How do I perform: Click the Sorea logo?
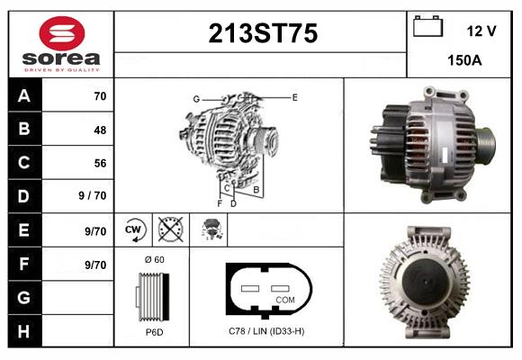[x=61, y=44]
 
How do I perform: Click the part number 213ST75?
[x=262, y=34]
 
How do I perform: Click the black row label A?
[x=24, y=95]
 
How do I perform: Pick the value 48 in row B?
[x=100, y=130]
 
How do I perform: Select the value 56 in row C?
[x=100, y=163]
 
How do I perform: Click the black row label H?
[x=24, y=332]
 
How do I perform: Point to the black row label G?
[x=24, y=298]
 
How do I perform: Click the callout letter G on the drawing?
[x=195, y=98]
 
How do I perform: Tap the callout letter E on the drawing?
[x=294, y=95]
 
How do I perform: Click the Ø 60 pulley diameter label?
[x=153, y=260]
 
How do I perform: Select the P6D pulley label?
[x=153, y=332]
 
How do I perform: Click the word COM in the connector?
[x=285, y=298]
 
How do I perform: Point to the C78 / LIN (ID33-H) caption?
[x=266, y=331]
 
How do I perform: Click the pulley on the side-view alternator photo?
[x=487, y=139]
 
